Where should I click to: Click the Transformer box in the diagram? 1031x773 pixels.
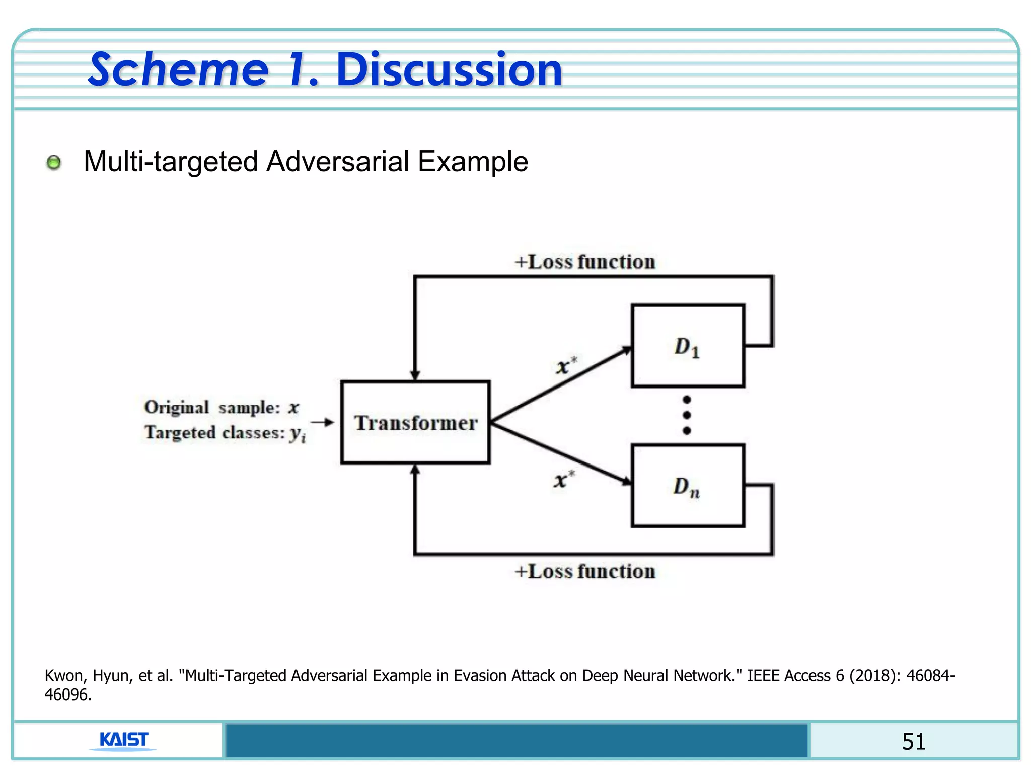click(415, 422)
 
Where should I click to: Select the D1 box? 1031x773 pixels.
click(688, 346)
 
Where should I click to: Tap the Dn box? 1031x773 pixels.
click(688, 486)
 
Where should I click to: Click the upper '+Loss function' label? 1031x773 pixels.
click(585, 262)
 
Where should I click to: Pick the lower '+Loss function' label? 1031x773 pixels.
click(585, 571)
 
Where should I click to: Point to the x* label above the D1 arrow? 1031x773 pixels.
click(566, 365)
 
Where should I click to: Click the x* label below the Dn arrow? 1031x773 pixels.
click(563, 479)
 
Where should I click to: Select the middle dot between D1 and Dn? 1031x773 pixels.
click(687, 415)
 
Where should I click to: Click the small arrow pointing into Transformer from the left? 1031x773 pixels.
click(322, 422)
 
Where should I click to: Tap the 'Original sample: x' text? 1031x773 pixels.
click(222, 407)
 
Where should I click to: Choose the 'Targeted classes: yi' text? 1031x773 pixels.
click(225, 433)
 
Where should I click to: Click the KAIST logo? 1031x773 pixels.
click(124, 740)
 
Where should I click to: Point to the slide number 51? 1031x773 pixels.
click(913, 741)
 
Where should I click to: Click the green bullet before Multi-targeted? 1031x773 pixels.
click(54, 163)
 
